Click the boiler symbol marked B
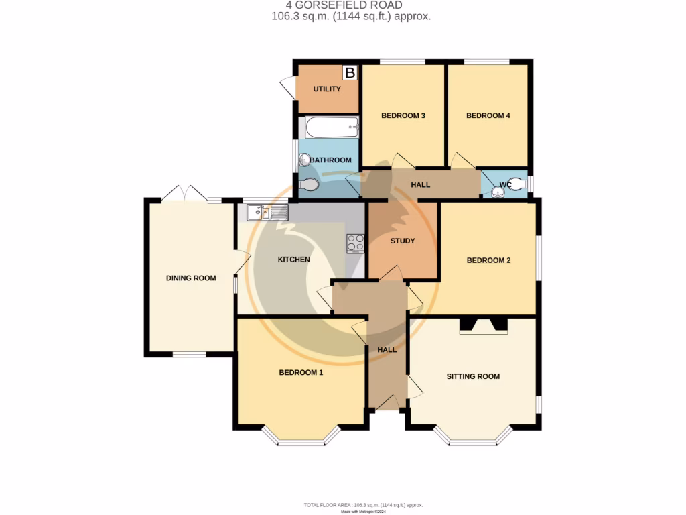[350, 72]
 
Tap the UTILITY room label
[327, 89]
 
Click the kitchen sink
[267, 213]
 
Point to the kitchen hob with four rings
[355, 243]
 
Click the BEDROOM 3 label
[403, 116]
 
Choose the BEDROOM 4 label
[488, 116]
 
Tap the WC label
[506, 184]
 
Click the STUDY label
[403, 241]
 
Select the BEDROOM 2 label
[488, 260]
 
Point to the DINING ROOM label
[191, 278]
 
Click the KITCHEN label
[294, 260]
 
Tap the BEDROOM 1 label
[301, 372]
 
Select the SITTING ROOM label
[473, 376]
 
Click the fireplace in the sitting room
[483, 326]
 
